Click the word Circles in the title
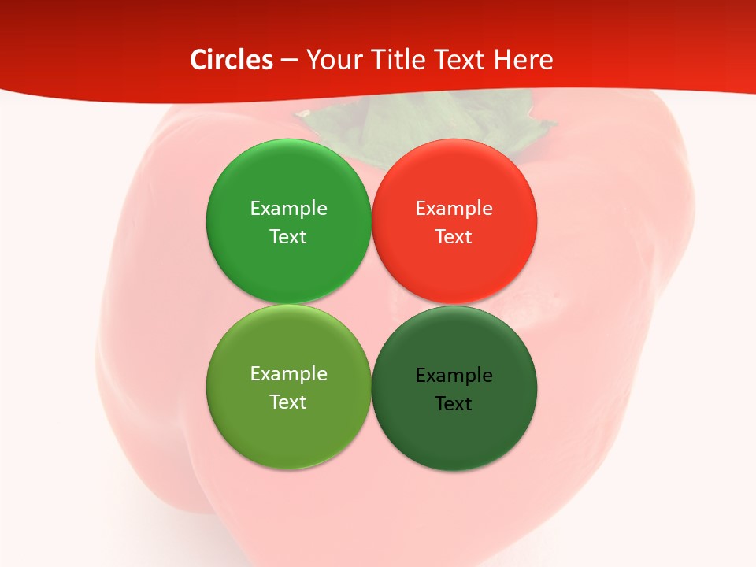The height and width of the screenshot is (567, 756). (231, 60)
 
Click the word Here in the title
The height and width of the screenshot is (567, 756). (523, 60)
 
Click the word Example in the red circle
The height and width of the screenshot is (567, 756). (454, 209)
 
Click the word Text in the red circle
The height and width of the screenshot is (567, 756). (454, 237)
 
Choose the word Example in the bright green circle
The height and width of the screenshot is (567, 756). (288, 209)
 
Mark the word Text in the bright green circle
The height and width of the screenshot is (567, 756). (288, 237)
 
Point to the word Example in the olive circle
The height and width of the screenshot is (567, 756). (288, 374)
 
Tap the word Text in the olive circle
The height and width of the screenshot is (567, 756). (288, 402)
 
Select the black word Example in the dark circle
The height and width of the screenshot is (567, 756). (454, 376)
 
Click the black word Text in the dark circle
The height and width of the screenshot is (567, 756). (454, 404)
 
